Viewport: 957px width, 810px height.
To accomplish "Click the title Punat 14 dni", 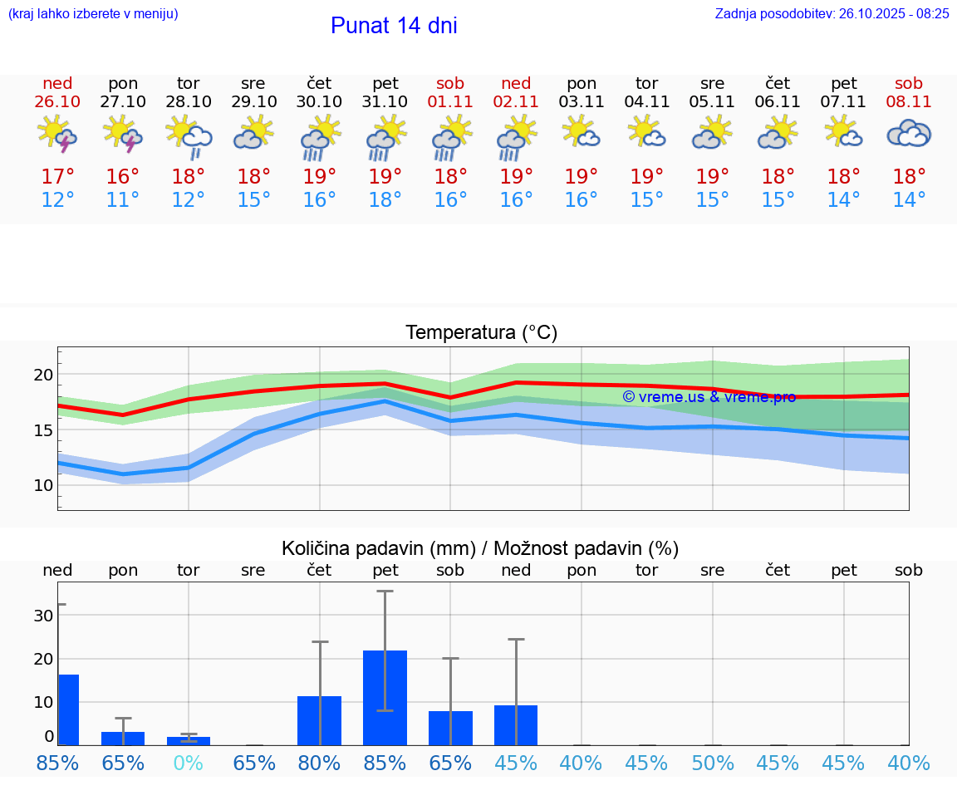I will [x=394, y=26].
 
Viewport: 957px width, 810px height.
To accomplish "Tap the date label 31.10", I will [x=385, y=101].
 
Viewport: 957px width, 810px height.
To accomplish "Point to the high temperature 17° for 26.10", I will [x=57, y=177].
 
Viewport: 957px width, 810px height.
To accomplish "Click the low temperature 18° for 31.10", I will [x=385, y=200].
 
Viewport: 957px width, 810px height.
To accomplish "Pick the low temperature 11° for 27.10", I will [x=123, y=200].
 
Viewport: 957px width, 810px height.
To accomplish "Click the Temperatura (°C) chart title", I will [x=481, y=333].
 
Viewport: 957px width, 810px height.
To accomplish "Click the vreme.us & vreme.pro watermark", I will [x=709, y=397].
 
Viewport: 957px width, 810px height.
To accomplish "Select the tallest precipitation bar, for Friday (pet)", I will [x=385, y=698].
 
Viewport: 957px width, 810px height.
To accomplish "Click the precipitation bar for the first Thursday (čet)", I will [x=319, y=720].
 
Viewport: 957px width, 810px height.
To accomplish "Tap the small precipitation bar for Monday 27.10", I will [x=123, y=739].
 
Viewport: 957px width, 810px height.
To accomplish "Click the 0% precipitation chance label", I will [x=189, y=763].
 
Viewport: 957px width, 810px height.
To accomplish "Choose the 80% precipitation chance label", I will [x=319, y=763].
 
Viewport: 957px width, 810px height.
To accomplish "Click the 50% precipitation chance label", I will [x=712, y=763].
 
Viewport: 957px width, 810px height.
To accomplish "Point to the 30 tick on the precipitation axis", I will [x=43, y=616].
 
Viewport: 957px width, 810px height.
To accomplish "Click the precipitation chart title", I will [x=480, y=548].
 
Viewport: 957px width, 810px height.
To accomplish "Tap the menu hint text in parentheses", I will [x=93, y=13].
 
